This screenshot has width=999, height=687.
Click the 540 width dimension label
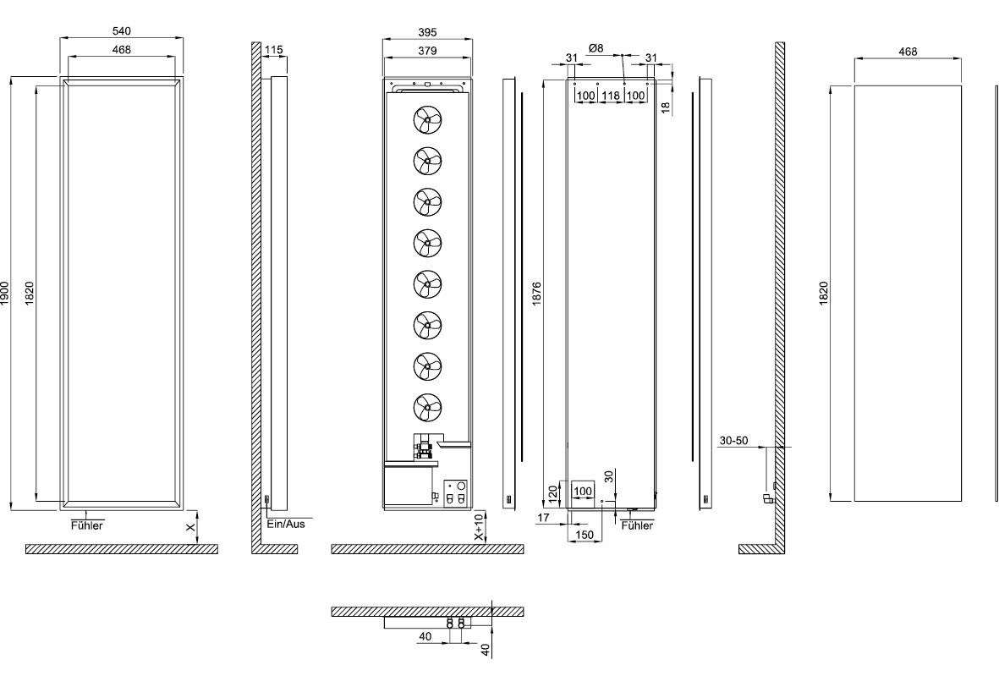[x=122, y=31]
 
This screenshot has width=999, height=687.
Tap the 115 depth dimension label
[x=273, y=51]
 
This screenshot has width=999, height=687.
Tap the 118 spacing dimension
[x=610, y=96]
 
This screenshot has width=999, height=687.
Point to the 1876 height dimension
[x=537, y=292]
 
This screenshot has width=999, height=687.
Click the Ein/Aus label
[x=285, y=524]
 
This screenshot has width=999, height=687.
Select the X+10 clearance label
[x=479, y=527]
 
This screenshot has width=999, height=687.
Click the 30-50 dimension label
[x=734, y=441]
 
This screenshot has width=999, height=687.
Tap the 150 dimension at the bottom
[x=583, y=535]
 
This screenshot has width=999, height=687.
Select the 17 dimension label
[x=543, y=516]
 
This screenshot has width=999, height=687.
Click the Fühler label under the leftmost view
[x=86, y=525]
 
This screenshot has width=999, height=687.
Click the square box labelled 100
[x=583, y=490]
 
